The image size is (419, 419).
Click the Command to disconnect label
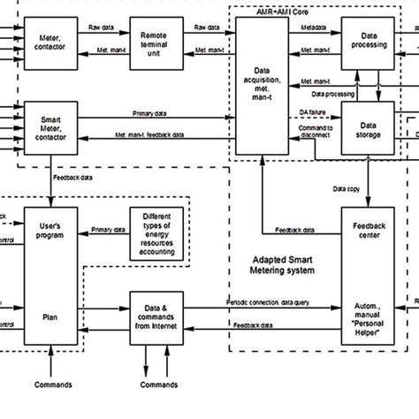317,133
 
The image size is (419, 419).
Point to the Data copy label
347,188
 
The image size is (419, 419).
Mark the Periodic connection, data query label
272,303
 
